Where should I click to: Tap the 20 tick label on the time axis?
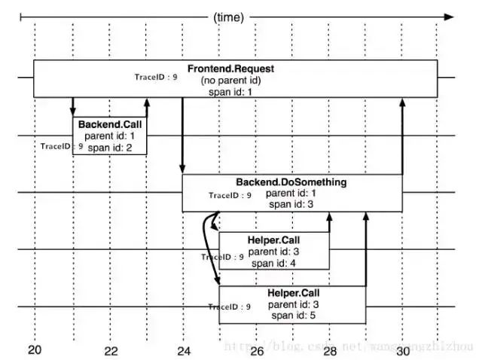click(35, 350)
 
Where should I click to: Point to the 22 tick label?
click(111, 350)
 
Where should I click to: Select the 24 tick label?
click(183, 350)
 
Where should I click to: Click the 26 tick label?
click(256, 350)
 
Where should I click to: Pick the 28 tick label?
click(330, 350)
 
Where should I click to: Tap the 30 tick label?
click(402, 350)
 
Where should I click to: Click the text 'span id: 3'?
click(289, 204)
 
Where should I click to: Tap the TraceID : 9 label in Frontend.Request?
click(156, 77)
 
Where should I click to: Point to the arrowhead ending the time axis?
click(450, 16)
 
